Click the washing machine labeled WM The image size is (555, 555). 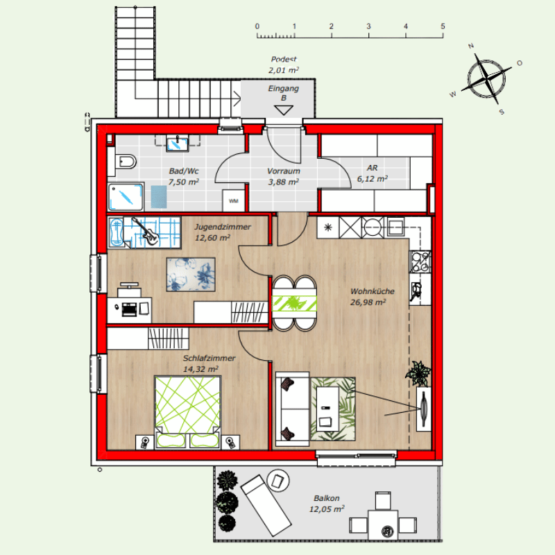click(233, 200)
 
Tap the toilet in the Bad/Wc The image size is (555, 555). click(126, 162)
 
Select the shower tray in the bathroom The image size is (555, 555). click(126, 197)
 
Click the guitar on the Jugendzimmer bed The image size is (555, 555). click(146, 231)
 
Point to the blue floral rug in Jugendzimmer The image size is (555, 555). click(191, 275)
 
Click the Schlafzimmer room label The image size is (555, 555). click(209, 358)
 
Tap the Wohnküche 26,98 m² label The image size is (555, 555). click(372, 297)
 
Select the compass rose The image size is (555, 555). click(486, 78)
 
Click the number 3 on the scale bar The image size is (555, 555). click(368, 26)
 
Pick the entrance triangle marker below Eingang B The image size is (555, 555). click(284, 110)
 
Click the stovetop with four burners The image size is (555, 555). click(420, 262)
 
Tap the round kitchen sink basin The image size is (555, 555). click(373, 228)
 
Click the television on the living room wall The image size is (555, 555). click(424, 409)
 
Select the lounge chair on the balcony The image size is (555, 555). click(266, 505)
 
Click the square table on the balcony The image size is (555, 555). click(383, 524)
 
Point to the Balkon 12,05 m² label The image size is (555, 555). click(327, 504)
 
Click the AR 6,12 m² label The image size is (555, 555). click(372, 173)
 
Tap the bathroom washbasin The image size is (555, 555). click(178, 144)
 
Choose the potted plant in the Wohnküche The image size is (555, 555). click(419, 373)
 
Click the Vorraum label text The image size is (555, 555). click(284, 171)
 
